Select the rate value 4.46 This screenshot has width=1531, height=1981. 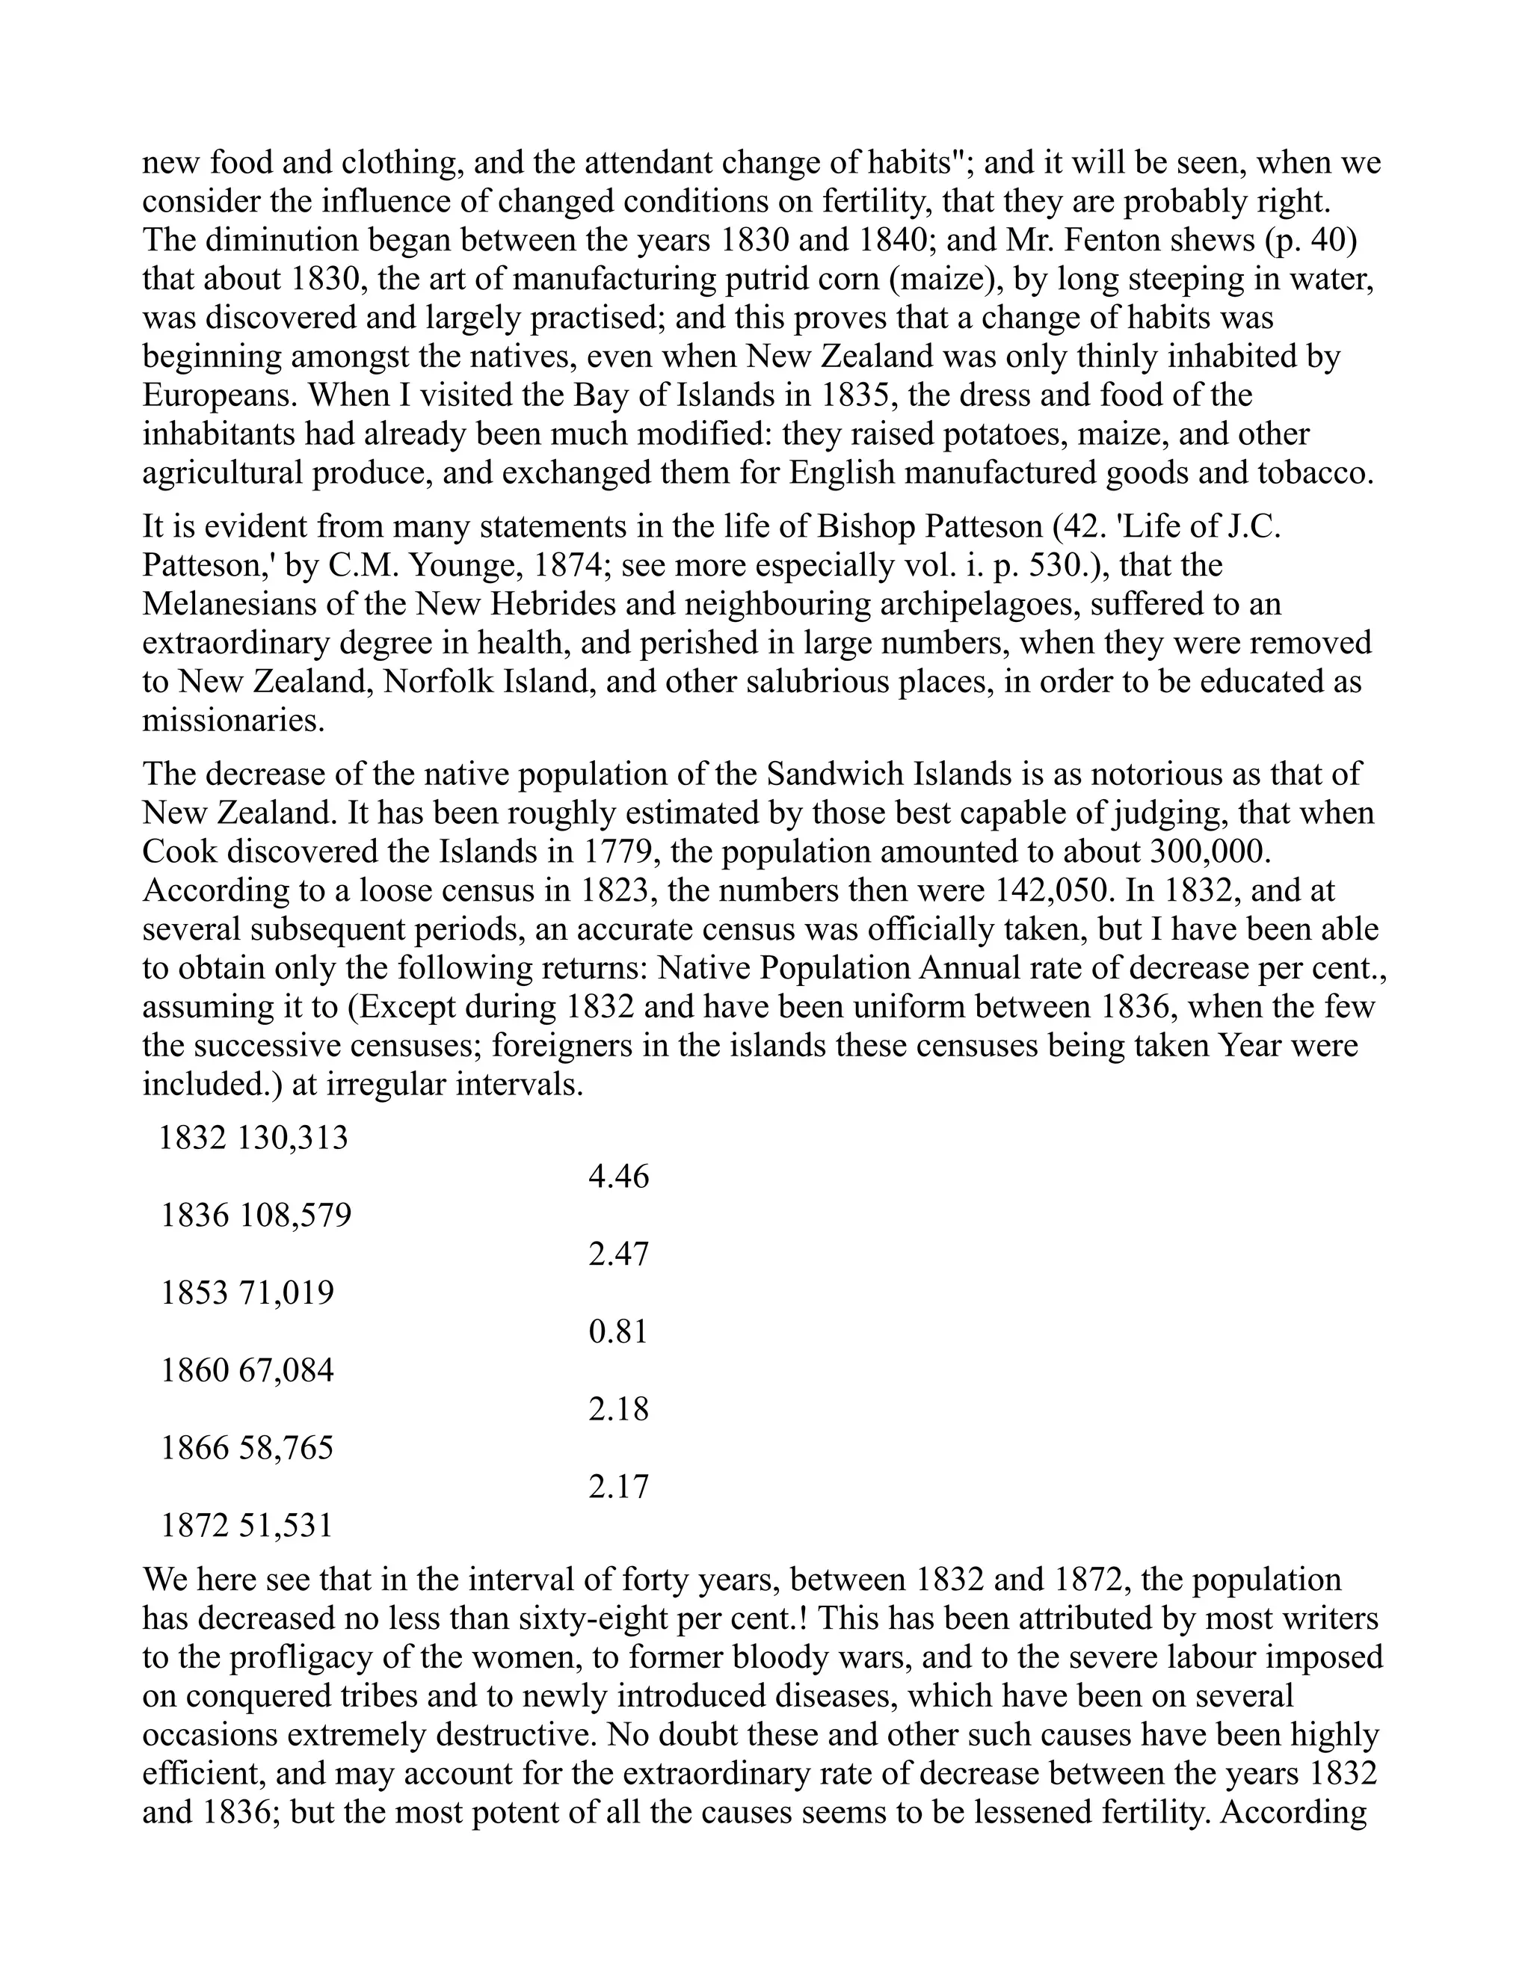[618, 1177]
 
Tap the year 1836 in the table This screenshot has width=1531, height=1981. [195, 1216]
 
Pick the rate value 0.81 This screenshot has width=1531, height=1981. [618, 1331]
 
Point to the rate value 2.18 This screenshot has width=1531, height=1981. [618, 1408]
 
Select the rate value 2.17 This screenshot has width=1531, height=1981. [618, 1487]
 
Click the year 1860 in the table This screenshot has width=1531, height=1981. [195, 1370]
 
